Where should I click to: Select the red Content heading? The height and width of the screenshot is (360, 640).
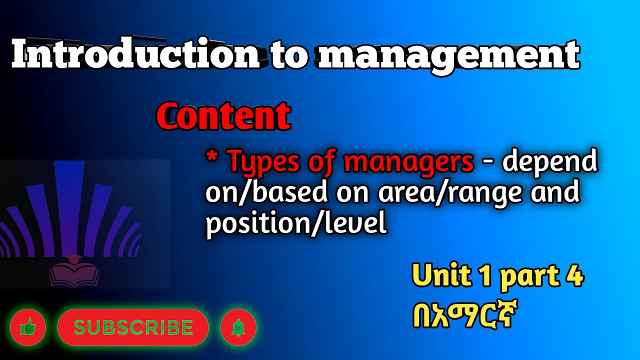pos(223,116)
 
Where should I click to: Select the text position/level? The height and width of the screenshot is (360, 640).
pos(296,225)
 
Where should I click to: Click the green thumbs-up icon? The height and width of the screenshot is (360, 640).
pos(27,328)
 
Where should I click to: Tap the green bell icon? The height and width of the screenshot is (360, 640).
pos(238,328)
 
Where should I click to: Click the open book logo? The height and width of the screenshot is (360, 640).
pos(74,272)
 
